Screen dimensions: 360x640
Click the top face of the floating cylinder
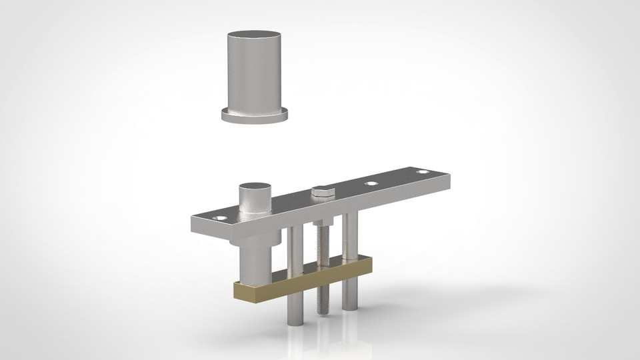click(255, 35)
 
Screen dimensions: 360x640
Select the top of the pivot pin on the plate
click(256, 187)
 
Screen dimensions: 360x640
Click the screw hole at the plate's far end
click(421, 172)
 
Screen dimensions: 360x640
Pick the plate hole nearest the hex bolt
click(369, 182)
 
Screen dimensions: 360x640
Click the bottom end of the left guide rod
click(295, 322)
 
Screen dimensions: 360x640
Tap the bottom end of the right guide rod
click(350, 307)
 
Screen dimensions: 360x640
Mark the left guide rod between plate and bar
click(296, 250)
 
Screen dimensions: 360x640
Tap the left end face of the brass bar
click(235, 291)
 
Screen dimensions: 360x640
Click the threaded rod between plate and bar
click(323, 247)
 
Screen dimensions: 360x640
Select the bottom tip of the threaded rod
click(323, 313)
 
